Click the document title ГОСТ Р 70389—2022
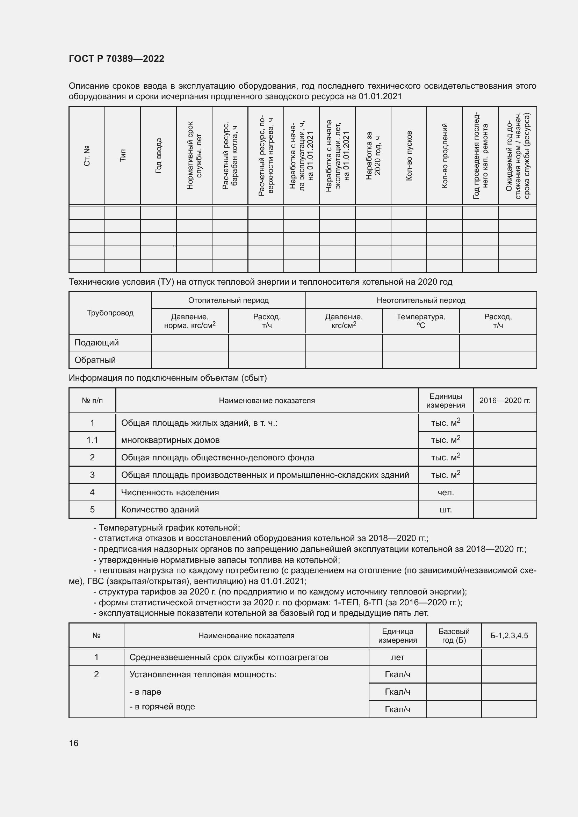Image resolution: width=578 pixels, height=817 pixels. [116, 59]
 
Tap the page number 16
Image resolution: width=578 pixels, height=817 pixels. [74, 743]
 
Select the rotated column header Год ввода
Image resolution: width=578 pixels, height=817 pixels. [158, 156]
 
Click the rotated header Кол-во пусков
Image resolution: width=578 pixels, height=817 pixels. [409, 156]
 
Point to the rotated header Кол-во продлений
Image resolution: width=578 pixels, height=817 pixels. [444, 156]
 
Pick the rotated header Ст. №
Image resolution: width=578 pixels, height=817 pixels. [87, 156]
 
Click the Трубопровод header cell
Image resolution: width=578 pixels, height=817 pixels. [110, 313]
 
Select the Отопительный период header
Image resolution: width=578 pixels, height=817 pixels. [228, 300]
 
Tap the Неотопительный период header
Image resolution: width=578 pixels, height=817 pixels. [421, 300]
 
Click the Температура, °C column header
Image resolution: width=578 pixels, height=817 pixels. [421, 321]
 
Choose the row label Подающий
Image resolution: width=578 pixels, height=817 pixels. [96, 343]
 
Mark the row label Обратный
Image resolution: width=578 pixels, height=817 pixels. [95, 360]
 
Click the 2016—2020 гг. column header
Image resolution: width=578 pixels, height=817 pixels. [505, 400]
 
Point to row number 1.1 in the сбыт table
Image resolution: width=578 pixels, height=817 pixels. [92, 440]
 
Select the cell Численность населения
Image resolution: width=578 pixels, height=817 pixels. [170, 493]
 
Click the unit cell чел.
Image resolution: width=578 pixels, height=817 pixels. [446, 493]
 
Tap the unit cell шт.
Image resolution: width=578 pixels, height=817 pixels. [446, 510]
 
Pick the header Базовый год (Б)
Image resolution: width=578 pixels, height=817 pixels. [454, 635]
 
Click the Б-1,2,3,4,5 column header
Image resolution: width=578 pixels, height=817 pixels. [509, 635]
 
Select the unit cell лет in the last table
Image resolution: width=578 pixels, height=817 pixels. [397, 657]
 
